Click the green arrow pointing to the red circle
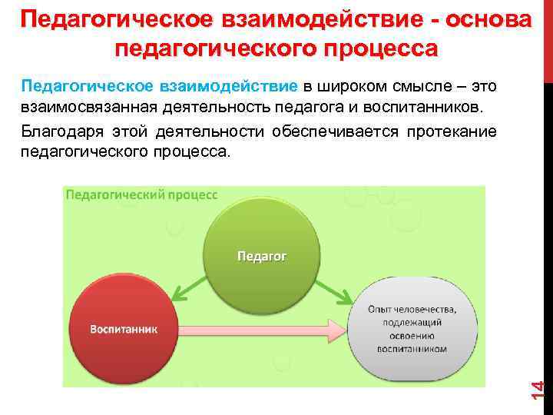[187, 289]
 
